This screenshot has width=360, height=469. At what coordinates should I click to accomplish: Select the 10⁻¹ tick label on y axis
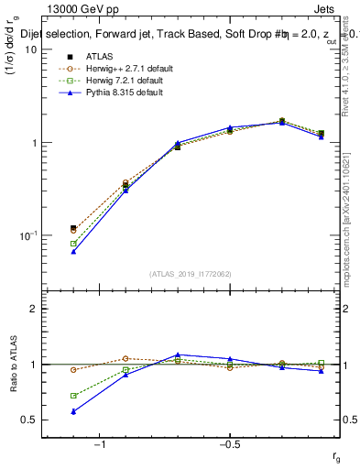[x=27, y=236]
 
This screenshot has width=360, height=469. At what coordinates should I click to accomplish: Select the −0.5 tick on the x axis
[x=228, y=444]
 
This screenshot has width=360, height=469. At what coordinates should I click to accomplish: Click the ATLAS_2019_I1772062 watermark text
[x=191, y=274]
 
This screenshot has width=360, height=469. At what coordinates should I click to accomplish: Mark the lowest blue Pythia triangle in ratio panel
[x=73, y=411]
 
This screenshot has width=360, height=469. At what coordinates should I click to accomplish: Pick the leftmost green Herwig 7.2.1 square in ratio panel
[x=73, y=396]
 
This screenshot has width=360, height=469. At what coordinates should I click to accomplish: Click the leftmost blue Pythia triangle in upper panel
[x=73, y=251]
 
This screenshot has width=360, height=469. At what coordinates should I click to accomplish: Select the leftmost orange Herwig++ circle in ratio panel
[x=73, y=370]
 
